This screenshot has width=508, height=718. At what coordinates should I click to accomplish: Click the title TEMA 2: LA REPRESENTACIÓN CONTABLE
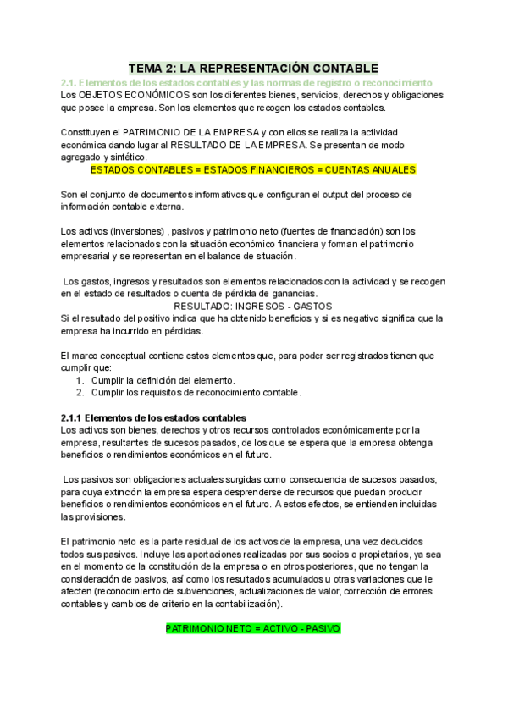pyautogui.click(x=254, y=68)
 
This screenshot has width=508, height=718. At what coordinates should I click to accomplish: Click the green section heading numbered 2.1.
pyautogui.click(x=246, y=82)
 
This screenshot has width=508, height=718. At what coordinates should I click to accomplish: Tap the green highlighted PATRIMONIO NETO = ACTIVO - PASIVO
pyautogui.click(x=253, y=630)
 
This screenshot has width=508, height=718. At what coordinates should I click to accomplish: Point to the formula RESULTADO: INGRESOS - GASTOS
pyautogui.click(x=252, y=306)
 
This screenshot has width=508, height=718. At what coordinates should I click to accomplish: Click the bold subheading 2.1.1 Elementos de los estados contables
pyautogui.click(x=153, y=417)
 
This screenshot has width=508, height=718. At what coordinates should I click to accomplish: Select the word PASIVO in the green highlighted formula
pyautogui.click(x=323, y=630)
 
